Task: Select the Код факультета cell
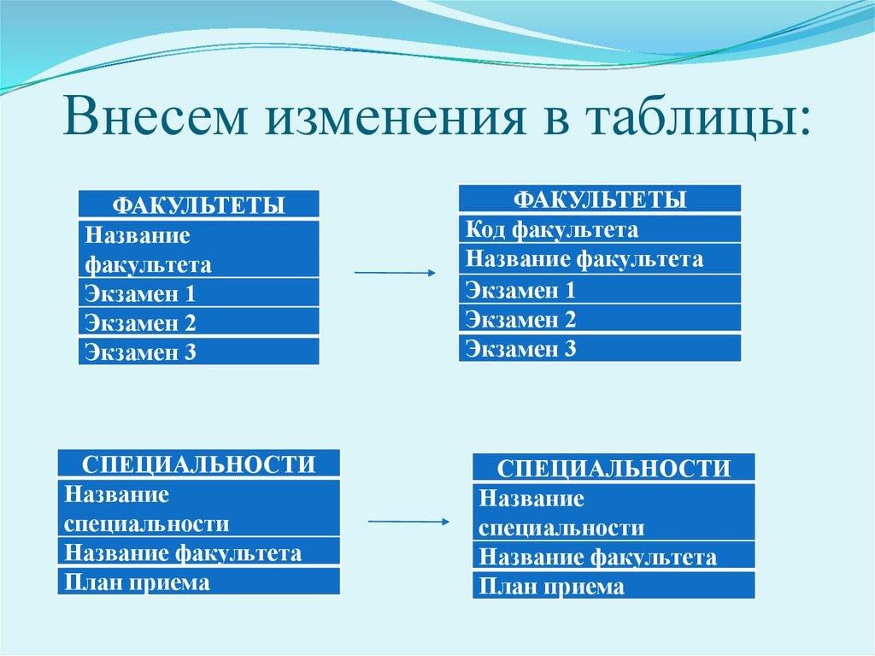pyautogui.click(x=600, y=229)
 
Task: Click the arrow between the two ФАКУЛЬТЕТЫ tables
pyautogui.click(x=394, y=273)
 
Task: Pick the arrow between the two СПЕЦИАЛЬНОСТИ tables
pyautogui.click(x=408, y=521)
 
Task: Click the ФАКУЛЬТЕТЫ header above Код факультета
pyautogui.click(x=600, y=199)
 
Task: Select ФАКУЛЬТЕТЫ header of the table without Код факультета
pyautogui.click(x=198, y=205)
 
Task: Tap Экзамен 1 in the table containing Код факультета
pyautogui.click(x=600, y=289)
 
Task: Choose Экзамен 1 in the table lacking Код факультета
pyautogui.click(x=198, y=293)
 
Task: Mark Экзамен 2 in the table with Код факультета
pyautogui.click(x=600, y=319)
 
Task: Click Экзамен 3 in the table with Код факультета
pyautogui.click(x=600, y=348)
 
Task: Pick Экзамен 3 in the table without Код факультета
pyautogui.click(x=198, y=352)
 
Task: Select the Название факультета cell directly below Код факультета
pyautogui.click(x=600, y=258)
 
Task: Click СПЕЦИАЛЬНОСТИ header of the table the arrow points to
pyautogui.click(x=614, y=468)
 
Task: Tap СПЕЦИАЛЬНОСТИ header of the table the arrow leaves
pyautogui.click(x=198, y=464)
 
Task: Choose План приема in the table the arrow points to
pyautogui.click(x=614, y=586)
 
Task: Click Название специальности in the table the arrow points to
pyautogui.click(x=614, y=512)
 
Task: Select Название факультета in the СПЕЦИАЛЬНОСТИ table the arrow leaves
pyautogui.click(x=198, y=552)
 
